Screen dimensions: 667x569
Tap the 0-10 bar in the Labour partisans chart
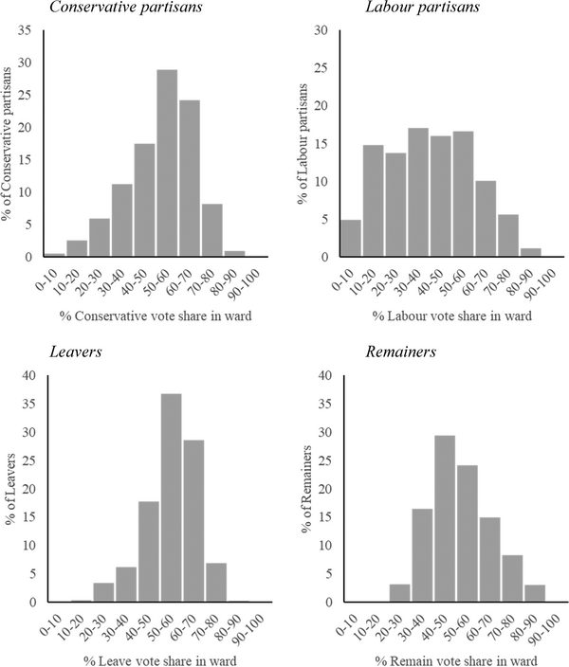(x=350, y=238)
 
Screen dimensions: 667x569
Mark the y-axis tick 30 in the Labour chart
(x=322, y=30)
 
